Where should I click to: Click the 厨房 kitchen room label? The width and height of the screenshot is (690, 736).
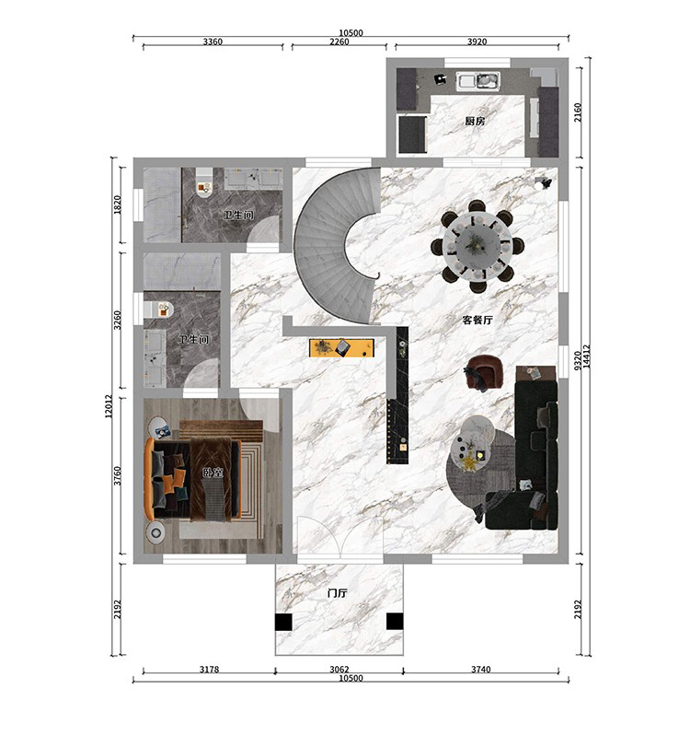(x=475, y=121)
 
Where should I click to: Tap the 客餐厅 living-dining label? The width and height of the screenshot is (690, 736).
(x=477, y=321)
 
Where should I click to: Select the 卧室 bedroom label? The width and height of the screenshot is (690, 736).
(x=213, y=473)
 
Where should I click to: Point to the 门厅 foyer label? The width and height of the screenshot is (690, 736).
(x=338, y=593)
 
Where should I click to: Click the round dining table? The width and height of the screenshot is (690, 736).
(x=477, y=246)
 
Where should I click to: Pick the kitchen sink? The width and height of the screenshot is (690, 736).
(x=479, y=81)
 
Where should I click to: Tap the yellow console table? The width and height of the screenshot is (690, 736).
(x=342, y=348)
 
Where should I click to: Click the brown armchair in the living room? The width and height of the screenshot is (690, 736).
(x=485, y=372)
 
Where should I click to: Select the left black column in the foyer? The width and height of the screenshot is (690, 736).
(x=283, y=622)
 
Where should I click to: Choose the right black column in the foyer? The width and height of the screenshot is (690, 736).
(x=395, y=622)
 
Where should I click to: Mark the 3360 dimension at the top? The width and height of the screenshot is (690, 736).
(x=213, y=41)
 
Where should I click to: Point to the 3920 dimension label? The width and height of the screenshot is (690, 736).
(x=477, y=41)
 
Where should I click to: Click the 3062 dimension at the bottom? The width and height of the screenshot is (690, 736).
(x=339, y=669)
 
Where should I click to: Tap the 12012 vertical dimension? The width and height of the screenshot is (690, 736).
(x=109, y=406)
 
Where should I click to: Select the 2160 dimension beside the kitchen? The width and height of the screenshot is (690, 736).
(x=578, y=112)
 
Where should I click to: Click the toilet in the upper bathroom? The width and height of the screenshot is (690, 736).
(x=204, y=183)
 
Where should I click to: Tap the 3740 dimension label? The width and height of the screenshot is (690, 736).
(x=481, y=669)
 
